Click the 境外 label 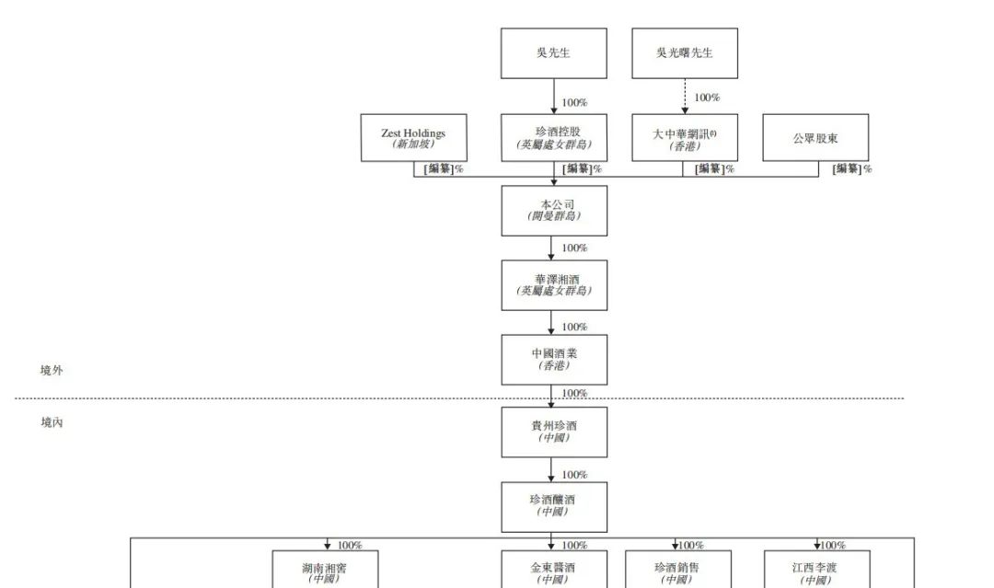[x=52, y=371]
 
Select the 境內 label [x=52, y=422]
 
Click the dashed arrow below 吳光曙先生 [x=685, y=97]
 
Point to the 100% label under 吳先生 [x=574, y=103]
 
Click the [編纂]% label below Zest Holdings [x=444, y=168]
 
